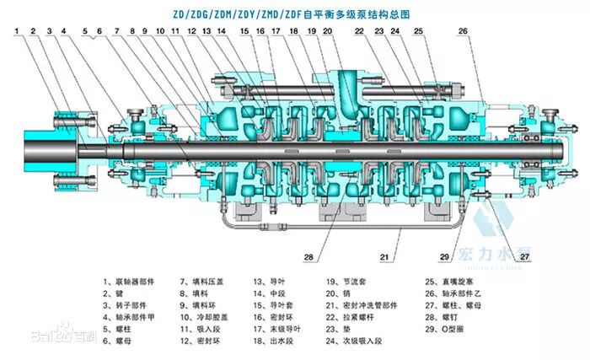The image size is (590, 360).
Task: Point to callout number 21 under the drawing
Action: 383,257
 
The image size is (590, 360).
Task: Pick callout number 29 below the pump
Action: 444,257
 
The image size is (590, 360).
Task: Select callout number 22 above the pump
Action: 360,31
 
